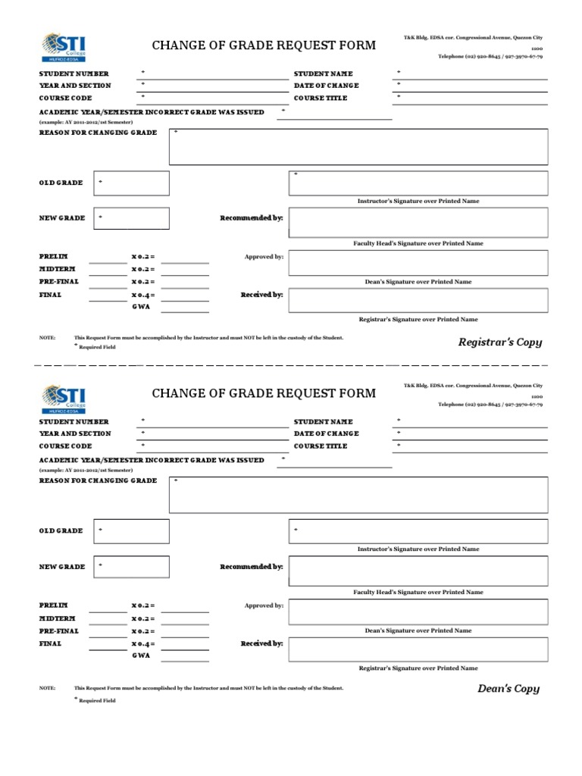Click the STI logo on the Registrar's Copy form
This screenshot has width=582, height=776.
(64, 47)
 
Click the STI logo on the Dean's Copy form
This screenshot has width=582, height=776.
(64, 396)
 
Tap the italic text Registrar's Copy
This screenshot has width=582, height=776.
(500, 343)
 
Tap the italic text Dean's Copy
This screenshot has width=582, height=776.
(508, 689)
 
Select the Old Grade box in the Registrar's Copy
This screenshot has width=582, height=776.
(133, 183)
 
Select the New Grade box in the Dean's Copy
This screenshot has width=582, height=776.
(133, 567)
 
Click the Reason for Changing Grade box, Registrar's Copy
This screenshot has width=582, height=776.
(358, 146)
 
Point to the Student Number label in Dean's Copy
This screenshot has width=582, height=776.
(74, 421)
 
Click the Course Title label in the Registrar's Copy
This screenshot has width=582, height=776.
(321, 98)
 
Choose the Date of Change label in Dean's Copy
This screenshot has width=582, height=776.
(326, 433)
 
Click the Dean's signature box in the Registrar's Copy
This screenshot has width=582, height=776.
(418, 263)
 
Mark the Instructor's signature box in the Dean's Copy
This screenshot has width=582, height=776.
(418, 530)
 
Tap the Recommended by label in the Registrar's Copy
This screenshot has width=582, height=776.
(252, 218)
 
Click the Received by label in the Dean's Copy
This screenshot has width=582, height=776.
(261, 643)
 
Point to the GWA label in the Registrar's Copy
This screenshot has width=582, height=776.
(141, 307)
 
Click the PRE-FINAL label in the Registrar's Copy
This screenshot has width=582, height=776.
(59, 281)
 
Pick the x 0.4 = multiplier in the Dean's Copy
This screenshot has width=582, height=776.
(142, 643)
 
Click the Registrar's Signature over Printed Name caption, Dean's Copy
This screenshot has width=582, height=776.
(418, 668)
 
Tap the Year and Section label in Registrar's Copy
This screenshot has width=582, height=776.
(75, 86)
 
